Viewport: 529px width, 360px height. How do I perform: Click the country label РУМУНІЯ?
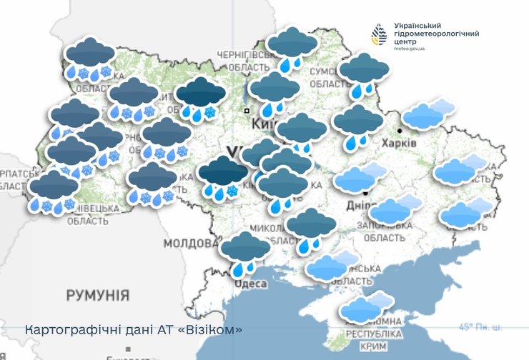coord(97,295)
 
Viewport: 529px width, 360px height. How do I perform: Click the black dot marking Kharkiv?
coord(400,131)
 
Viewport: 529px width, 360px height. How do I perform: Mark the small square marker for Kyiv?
coord(247,111)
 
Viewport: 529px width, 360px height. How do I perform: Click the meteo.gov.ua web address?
coord(409,49)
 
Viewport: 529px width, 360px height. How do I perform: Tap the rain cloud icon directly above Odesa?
coord(245,253)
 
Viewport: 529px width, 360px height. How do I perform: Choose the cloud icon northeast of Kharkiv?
coord(428,115)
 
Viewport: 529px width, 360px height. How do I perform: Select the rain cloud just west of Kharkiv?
coord(358,126)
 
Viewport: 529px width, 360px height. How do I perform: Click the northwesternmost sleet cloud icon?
coord(89,59)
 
